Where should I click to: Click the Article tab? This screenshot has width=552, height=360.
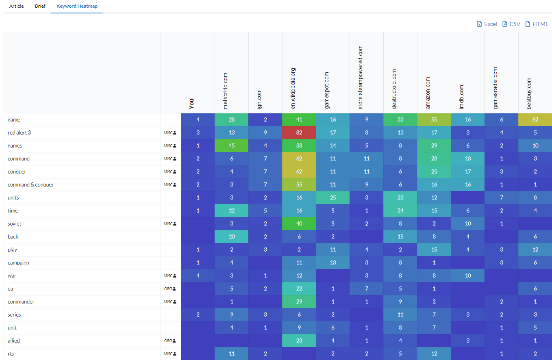tap(16, 7)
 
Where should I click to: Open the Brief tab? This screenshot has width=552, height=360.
tap(40, 7)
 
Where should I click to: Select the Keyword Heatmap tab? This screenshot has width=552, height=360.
tap(77, 7)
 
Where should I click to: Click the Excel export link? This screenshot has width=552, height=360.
tap(487, 24)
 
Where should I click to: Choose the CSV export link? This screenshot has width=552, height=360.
tap(511, 24)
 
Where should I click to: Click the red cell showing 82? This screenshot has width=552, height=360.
tap(299, 133)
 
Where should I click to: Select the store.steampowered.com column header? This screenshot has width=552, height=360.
tap(361, 77)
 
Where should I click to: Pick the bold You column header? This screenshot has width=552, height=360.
tap(192, 103)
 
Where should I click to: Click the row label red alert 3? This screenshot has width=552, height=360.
tap(19, 133)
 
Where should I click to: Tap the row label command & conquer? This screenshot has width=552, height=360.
tap(30, 185)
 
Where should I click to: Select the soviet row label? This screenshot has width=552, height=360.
tap(15, 224)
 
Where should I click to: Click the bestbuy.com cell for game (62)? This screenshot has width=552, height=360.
tap(535, 120)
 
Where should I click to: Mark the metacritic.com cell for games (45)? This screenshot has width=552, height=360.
tap(232, 146)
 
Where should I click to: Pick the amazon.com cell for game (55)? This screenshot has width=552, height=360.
tap(434, 120)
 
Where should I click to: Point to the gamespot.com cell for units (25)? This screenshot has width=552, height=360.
tap(333, 198)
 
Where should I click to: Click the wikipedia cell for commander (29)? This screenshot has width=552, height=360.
tap(299, 302)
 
